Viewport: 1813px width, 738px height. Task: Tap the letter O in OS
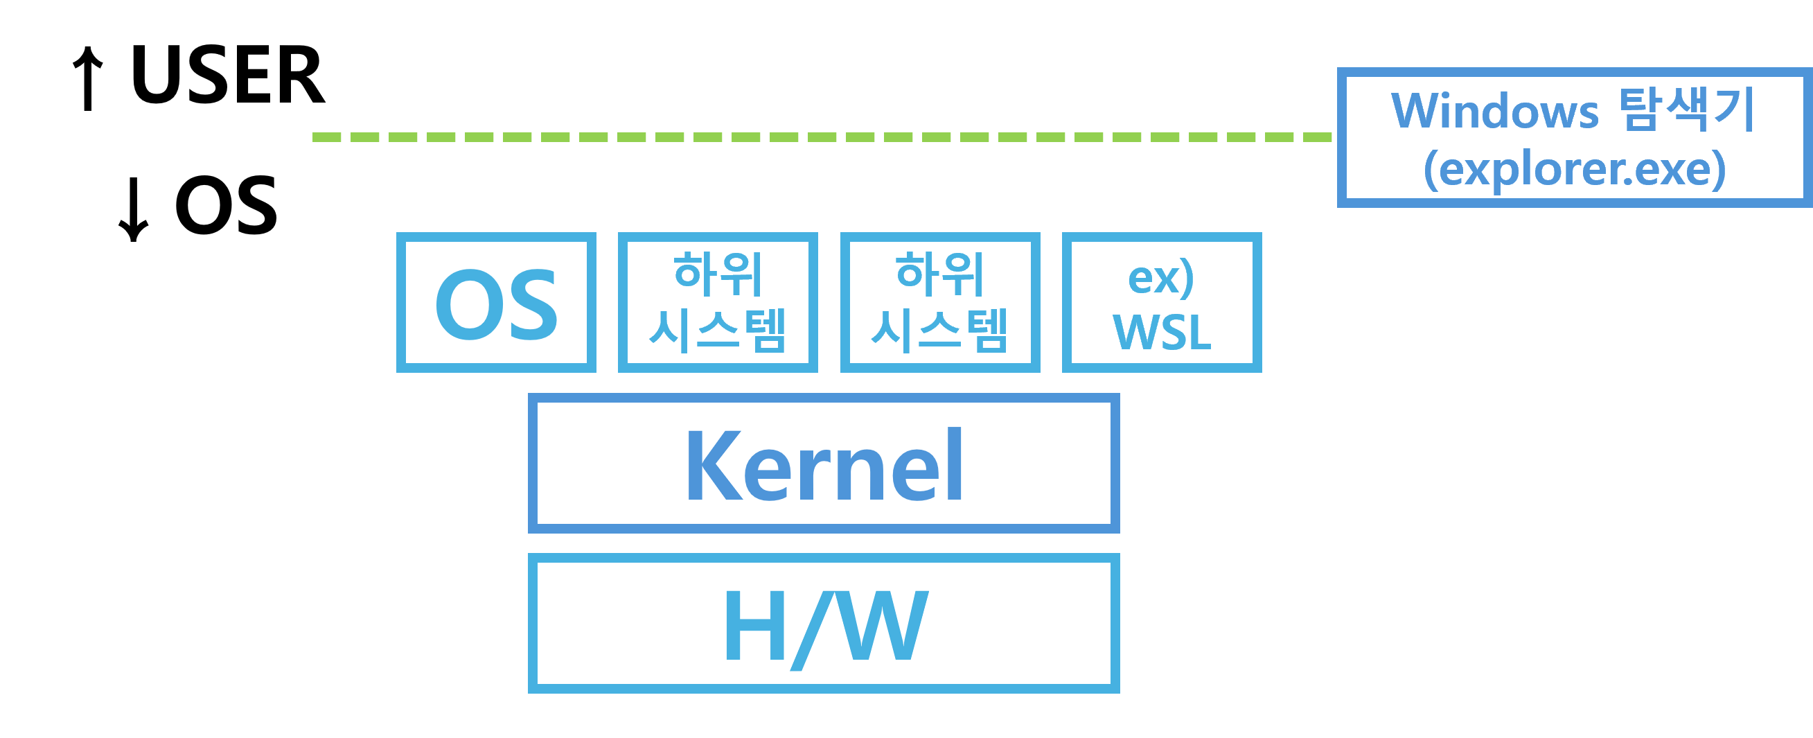[x=466, y=304]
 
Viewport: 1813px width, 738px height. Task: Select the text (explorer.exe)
[x=1575, y=169]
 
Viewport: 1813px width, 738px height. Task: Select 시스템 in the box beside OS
[x=718, y=330]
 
